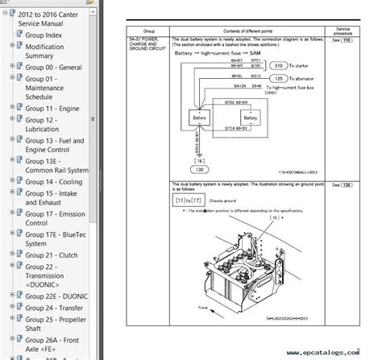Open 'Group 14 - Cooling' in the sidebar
point(56,181)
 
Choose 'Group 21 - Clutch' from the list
point(53,254)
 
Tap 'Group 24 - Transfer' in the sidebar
point(56,306)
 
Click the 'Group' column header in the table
point(148,29)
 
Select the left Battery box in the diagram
point(198,118)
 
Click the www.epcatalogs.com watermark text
point(333,352)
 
